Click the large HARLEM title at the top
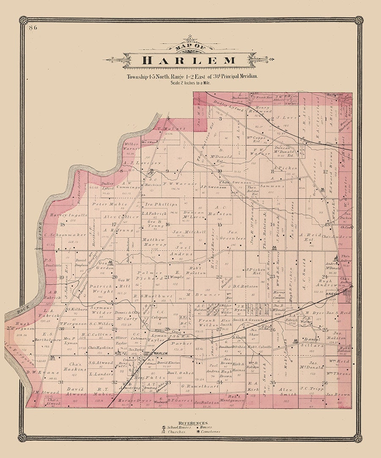[189, 60]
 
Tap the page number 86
[33, 28]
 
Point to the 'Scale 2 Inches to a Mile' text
[190, 83]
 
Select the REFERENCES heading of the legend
[193, 423]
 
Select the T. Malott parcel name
[166, 129]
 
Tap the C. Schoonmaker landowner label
[65, 235]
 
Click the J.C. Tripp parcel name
[312, 388]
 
